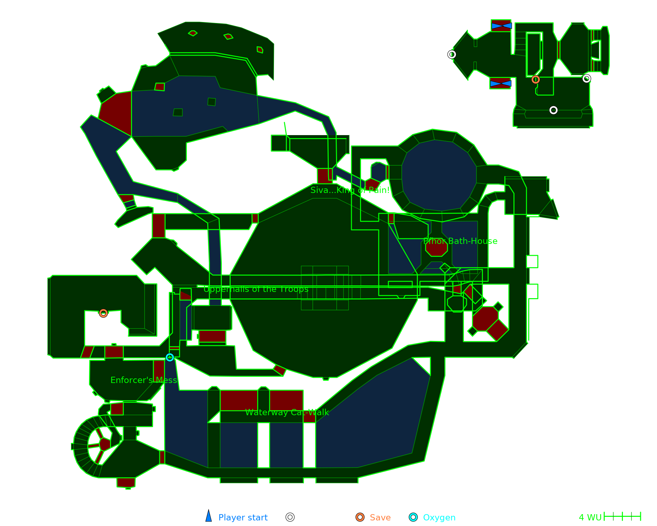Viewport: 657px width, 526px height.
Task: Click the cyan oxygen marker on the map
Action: pos(170,357)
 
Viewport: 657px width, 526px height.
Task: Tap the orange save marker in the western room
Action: pos(103,313)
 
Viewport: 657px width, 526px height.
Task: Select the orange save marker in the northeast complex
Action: pos(535,80)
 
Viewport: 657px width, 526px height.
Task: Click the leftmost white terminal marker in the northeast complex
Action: pos(452,54)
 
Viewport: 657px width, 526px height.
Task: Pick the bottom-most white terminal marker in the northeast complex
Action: pos(553,110)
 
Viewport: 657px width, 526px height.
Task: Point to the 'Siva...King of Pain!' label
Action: pos(350,190)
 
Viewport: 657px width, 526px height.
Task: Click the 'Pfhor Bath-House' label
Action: pos(460,241)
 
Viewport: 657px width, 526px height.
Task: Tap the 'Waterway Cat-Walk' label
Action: pos(287,412)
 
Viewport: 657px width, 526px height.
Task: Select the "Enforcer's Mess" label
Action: pos(144,380)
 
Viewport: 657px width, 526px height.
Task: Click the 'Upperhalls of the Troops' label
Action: pos(256,289)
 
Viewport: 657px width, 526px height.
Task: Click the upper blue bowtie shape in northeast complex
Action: pos(501,26)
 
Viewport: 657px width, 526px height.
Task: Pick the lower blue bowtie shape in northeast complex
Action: pos(500,84)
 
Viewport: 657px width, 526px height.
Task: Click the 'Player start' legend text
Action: pos(243,517)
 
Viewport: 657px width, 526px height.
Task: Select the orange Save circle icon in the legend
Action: pos(360,517)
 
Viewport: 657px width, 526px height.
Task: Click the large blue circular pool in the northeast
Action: pos(439,175)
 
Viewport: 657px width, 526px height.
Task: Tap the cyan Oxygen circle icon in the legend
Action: pos(413,517)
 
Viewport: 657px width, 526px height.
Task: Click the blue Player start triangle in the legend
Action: pos(209,516)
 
